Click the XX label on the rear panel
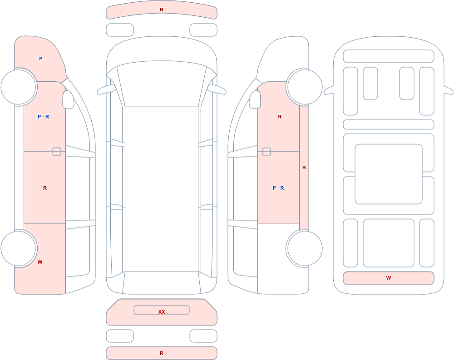pos(162,312)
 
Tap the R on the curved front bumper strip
pos(162,10)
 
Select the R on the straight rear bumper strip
pos(162,353)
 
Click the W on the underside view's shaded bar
pos(389,278)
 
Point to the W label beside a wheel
pos(40,262)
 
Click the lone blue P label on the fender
pos(41,59)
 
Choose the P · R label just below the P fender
pos(44,117)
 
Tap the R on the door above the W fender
pos(45,188)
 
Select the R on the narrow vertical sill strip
pos(304,168)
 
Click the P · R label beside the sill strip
pos(278,188)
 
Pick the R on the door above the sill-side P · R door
pos(280,117)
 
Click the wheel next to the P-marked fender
pos(19,87)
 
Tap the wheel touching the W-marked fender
pos(19,248)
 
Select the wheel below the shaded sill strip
pos(305,248)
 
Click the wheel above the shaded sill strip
pos(305,87)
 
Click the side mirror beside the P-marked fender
pos(69,99)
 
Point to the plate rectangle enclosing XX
pos(162,310)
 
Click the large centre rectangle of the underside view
pos(389,174)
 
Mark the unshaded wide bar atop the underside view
pos(389,56)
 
